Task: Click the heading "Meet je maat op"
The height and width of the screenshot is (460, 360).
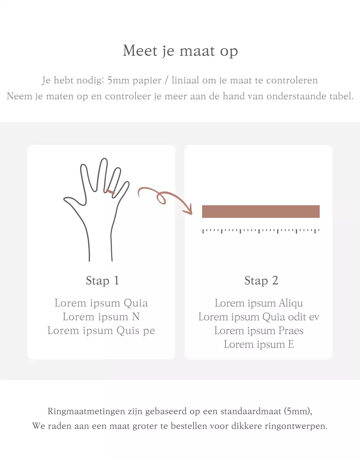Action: pyautogui.click(x=180, y=51)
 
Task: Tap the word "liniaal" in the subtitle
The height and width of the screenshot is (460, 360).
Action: pyautogui.click(x=185, y=80)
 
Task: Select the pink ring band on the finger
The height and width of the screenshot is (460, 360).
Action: pyautogui.click(x=110, y=192)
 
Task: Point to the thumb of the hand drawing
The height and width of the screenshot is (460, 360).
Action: pyautogui.click(x=74, y=201)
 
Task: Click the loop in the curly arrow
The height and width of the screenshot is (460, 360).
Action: pyautogui.click(x=161, y=198)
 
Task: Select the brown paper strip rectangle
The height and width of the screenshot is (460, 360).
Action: pyautogui.click(x=261, y=211)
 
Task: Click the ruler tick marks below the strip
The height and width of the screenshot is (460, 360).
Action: pyautogui.click(x=261, y=231)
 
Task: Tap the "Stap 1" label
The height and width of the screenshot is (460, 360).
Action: pyautogui.click(x=102, y=281)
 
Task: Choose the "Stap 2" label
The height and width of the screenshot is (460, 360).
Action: pyautogui.click(x=261, y=281)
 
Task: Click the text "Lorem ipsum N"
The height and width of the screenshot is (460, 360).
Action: pyautogui.click(x=101, y=317)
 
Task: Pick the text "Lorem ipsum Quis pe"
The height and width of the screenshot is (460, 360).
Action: pyautogui.click(x=101, y=331)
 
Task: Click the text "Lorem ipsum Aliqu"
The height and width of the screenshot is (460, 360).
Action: pyautogui.click(x=259, y=303)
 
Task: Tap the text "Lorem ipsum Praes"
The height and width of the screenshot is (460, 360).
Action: pyautogui.click(x=259, y=331)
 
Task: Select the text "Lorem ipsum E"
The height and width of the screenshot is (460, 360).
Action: pyautogui.click(x=259, y=344)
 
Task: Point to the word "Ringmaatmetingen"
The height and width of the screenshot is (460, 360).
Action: pyautogui.click(x=86, y=411)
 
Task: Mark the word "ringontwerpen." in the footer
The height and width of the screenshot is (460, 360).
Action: pyautogui.click(x=296, y=426)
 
